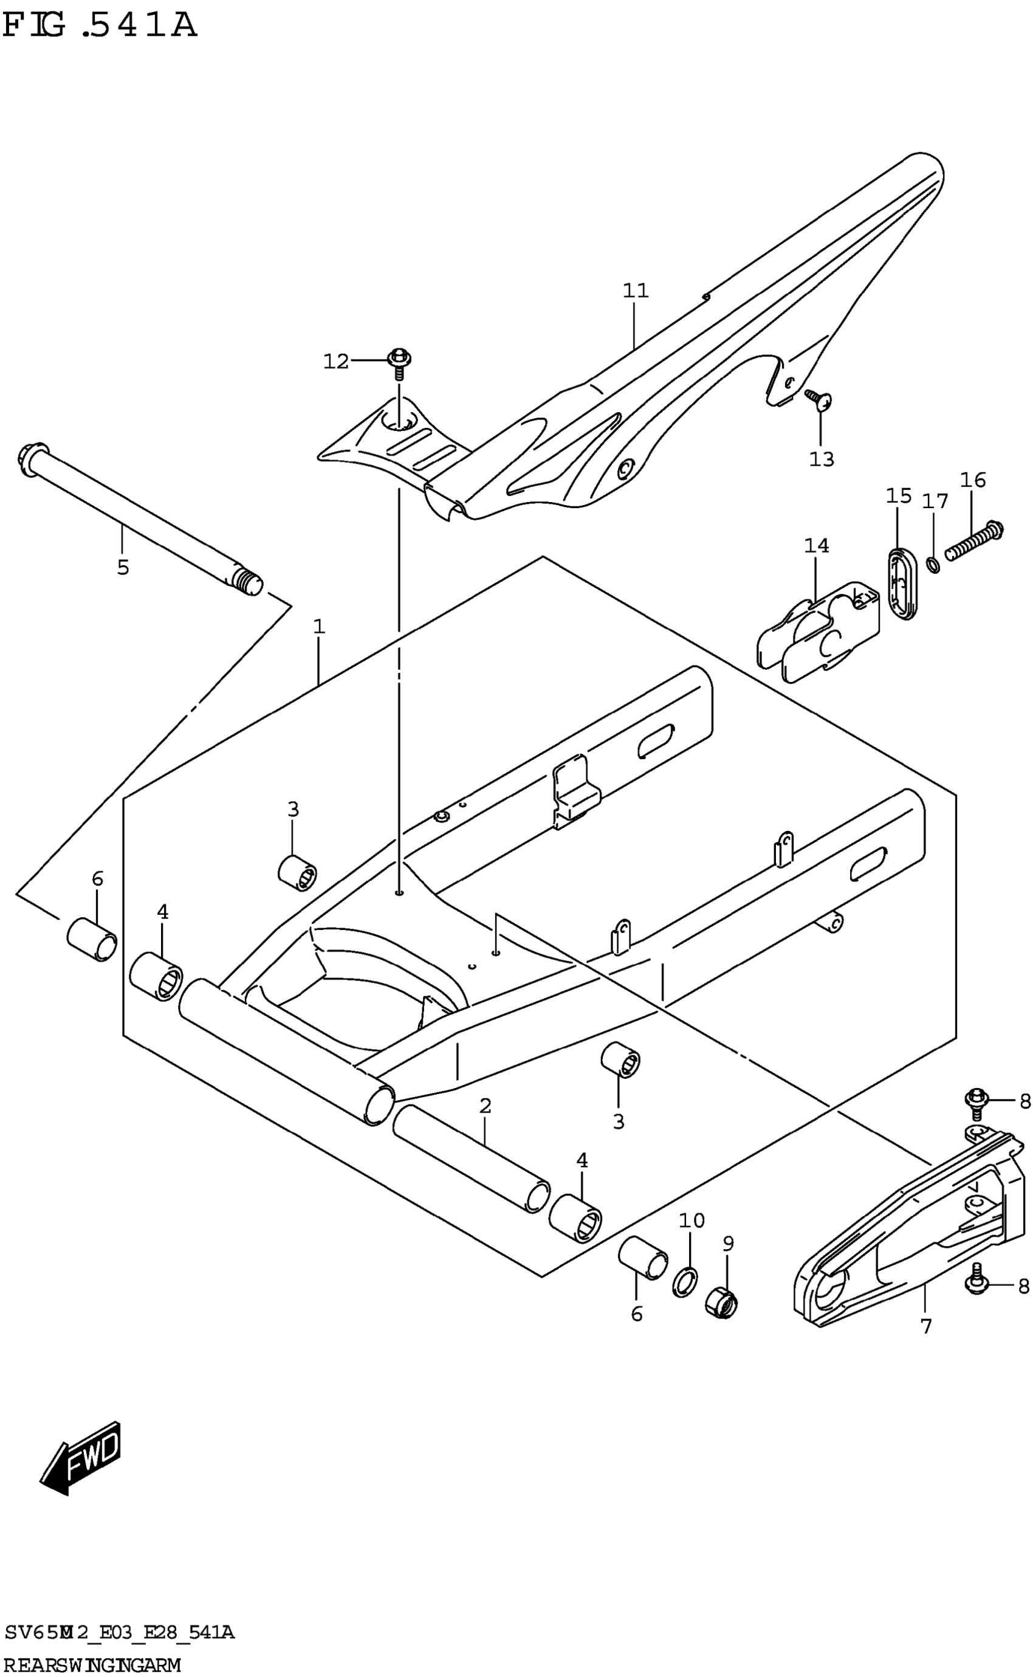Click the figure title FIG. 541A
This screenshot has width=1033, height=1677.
[100, 26]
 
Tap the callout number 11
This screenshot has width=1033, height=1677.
[636, 291]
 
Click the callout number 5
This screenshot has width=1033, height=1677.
[123, 567]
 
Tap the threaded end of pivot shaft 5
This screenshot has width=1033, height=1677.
[247, 582]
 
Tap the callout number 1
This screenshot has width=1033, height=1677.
[319, 626]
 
